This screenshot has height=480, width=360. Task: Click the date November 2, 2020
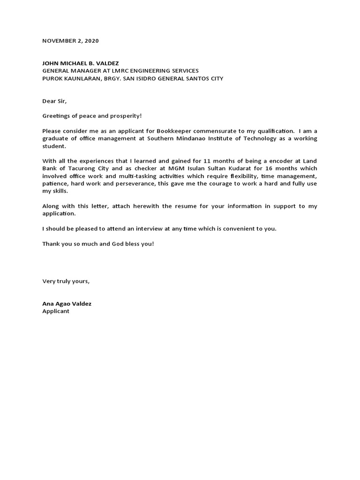coord(70,41)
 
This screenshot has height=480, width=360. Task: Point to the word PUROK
coord(52,78)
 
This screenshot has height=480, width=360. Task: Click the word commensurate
coord(198,131)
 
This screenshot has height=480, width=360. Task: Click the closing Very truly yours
coord(66,281)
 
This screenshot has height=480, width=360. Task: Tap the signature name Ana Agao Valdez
coord(67,304)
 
